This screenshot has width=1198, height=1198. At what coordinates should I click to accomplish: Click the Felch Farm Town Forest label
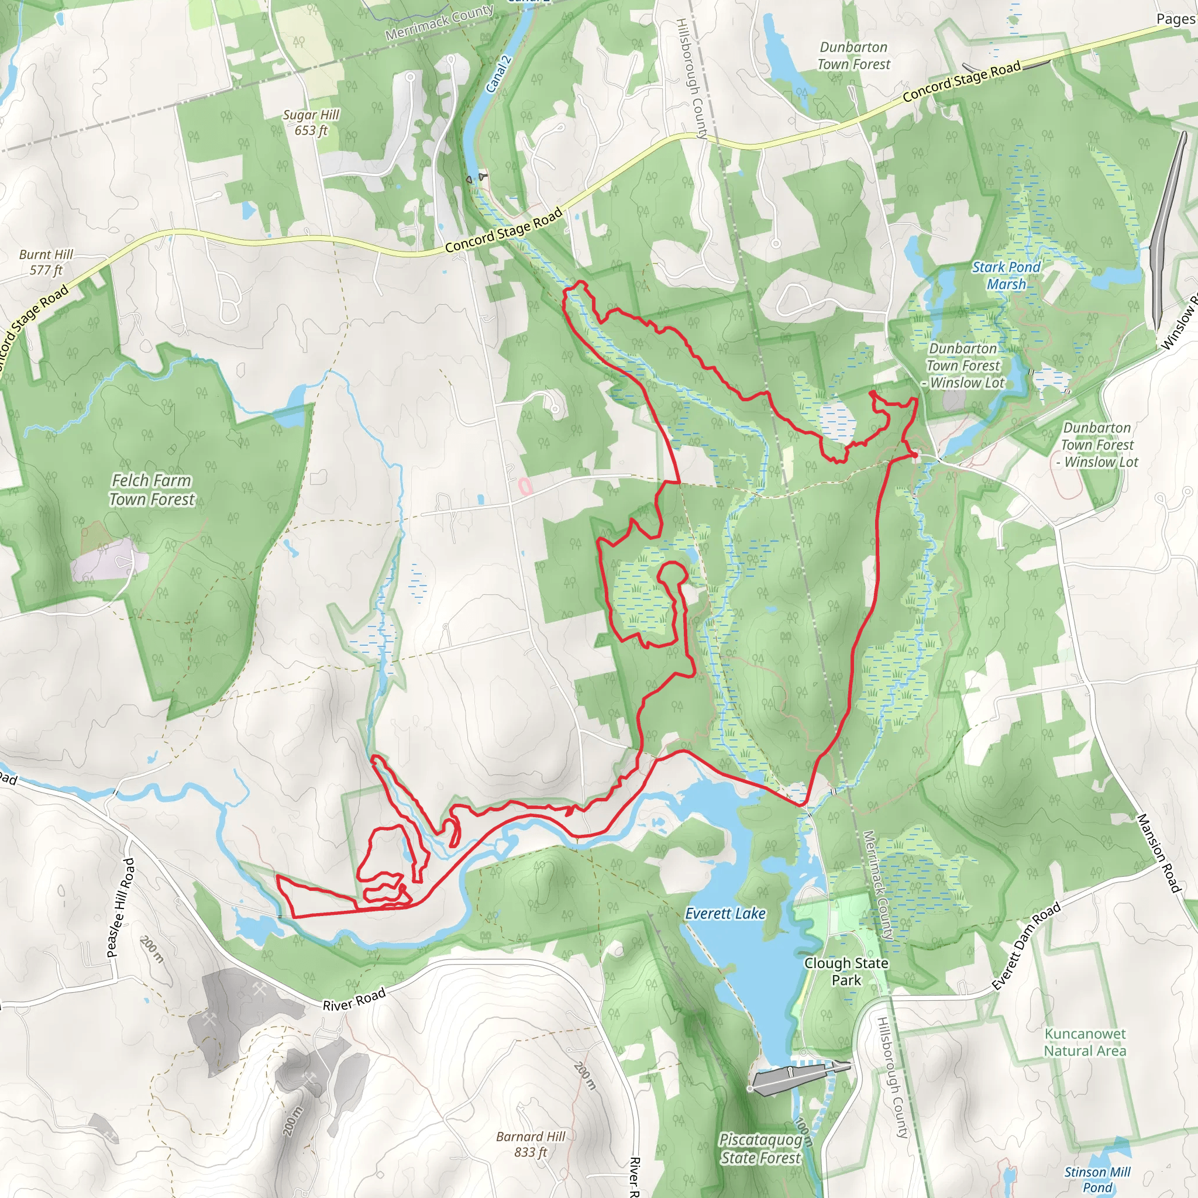point(152,490)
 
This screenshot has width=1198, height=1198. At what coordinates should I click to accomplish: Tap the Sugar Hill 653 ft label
point(311,122)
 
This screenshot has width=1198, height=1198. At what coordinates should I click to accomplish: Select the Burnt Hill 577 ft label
point(46,261)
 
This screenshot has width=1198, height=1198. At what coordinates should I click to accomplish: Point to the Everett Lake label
point(725,913)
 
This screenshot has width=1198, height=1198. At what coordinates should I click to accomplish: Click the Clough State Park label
point(846,971)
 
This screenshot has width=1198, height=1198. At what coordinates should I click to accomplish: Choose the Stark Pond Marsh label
point(1006,276)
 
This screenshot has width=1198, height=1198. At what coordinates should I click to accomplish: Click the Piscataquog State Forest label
point(760,1148)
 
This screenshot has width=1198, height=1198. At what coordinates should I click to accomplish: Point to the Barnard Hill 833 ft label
point(530,1144)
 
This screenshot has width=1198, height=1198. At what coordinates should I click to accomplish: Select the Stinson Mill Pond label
point(1097,1179)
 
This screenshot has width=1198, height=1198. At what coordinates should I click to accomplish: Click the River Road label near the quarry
point(354,1000)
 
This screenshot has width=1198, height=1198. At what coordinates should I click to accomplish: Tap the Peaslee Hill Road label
point(121,908)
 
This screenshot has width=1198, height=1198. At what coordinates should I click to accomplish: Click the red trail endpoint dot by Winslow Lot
point(915,455)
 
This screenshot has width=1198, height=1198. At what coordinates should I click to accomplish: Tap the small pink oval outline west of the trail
point(525,486)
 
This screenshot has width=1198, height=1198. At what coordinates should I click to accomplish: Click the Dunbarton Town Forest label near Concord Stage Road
point(853,56)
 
